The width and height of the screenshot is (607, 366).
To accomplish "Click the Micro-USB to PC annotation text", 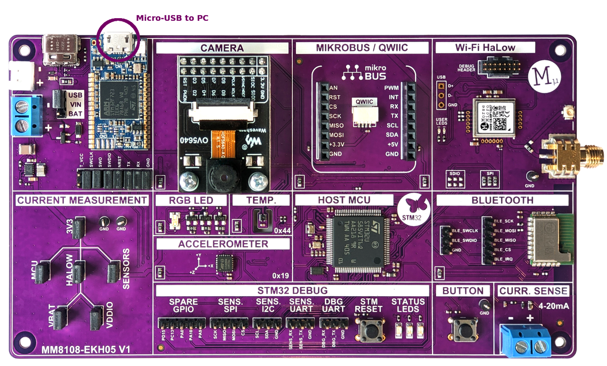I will coord(172,18).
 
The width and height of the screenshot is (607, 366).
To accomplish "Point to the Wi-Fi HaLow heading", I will coord(485,48).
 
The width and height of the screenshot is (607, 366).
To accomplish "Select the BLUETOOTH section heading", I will coord(502,200).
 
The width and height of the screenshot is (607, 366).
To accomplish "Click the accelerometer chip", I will coord(224,263).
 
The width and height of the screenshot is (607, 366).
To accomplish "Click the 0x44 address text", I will coord(282,231).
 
